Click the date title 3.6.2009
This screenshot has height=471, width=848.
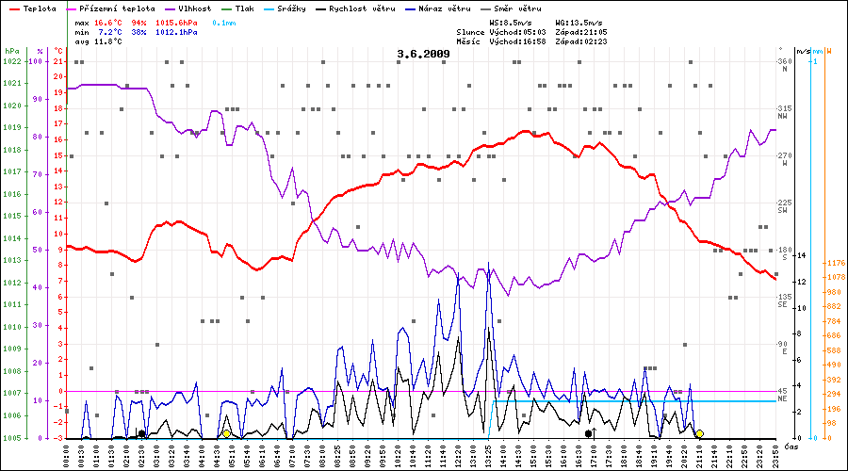(423, 54)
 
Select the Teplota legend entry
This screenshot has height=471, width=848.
(40, 8)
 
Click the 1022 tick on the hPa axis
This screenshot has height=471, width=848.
(12, 61)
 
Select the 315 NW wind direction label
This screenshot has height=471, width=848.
(784, 110)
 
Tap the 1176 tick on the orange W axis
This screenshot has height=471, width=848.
(836, 264)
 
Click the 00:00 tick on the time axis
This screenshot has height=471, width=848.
(66, 455)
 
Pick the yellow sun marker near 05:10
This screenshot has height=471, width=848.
(226, 433)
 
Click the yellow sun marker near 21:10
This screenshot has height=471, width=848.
(699, 433)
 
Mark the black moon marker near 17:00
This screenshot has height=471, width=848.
(588, 433)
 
